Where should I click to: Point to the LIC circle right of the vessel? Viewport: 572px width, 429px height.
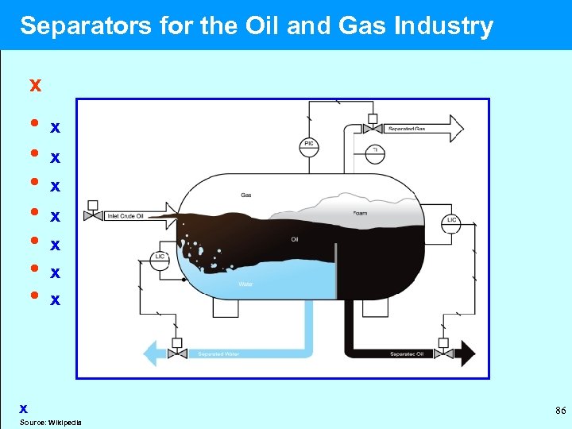[x=451, y=220]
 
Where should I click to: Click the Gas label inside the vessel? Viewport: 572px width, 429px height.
[x=246, y=195]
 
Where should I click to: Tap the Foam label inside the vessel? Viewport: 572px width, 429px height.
[x=360, y=213]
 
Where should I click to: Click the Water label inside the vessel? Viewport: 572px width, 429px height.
[x=245, y=284]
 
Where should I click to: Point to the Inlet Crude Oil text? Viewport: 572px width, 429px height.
[x=126, y=216]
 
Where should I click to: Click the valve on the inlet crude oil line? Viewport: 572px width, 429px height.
[x=94, y=214]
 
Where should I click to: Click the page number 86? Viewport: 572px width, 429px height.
[x=560, y=411]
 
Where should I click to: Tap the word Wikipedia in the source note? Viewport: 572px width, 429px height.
[x=67, y=422]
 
